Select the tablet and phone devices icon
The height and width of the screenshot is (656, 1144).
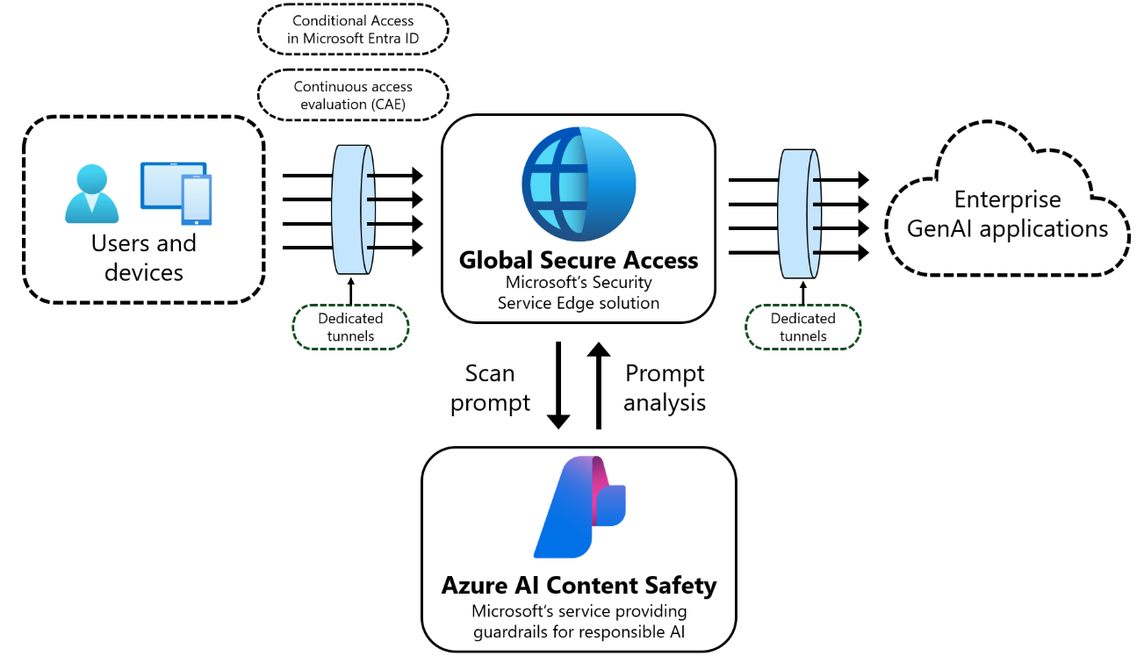176,192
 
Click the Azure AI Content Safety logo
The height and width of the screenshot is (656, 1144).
579,507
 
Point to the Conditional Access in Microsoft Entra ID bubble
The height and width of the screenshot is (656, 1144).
352,30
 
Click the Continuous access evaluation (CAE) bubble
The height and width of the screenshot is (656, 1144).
352,95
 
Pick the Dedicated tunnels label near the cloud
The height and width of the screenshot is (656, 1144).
802,327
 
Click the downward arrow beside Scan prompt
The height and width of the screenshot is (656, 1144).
558,386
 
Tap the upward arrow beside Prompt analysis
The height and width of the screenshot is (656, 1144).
599,386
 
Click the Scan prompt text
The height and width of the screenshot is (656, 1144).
490,388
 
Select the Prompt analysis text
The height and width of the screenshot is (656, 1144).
665,388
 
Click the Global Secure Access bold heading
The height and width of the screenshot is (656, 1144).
579,261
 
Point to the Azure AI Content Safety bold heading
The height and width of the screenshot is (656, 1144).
579,586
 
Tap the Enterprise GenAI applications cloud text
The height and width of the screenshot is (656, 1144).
1007,215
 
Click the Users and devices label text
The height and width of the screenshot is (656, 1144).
143,257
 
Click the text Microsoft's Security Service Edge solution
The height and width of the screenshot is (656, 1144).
578,293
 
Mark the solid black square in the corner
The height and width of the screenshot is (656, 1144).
1095,609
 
